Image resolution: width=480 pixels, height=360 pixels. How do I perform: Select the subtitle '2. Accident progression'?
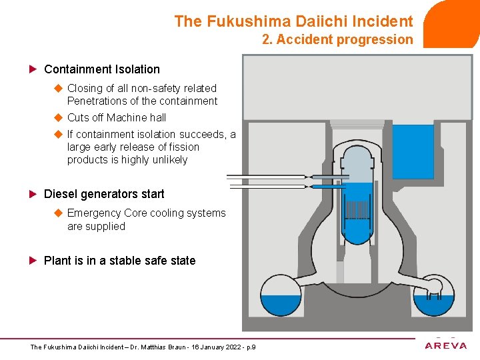pos(337,39)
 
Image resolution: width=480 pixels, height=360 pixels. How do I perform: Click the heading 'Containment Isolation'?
pos(101,69)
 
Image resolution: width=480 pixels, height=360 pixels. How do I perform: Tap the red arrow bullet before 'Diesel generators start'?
pos(33,194)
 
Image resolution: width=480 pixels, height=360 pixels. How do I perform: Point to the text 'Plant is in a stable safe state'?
pos(119,261)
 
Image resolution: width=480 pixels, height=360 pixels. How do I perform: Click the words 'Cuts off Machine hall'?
pos(117,117)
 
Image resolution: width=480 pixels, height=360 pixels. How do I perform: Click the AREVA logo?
pos(446,345)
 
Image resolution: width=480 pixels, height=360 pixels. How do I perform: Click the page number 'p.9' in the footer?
pos(251,347)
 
